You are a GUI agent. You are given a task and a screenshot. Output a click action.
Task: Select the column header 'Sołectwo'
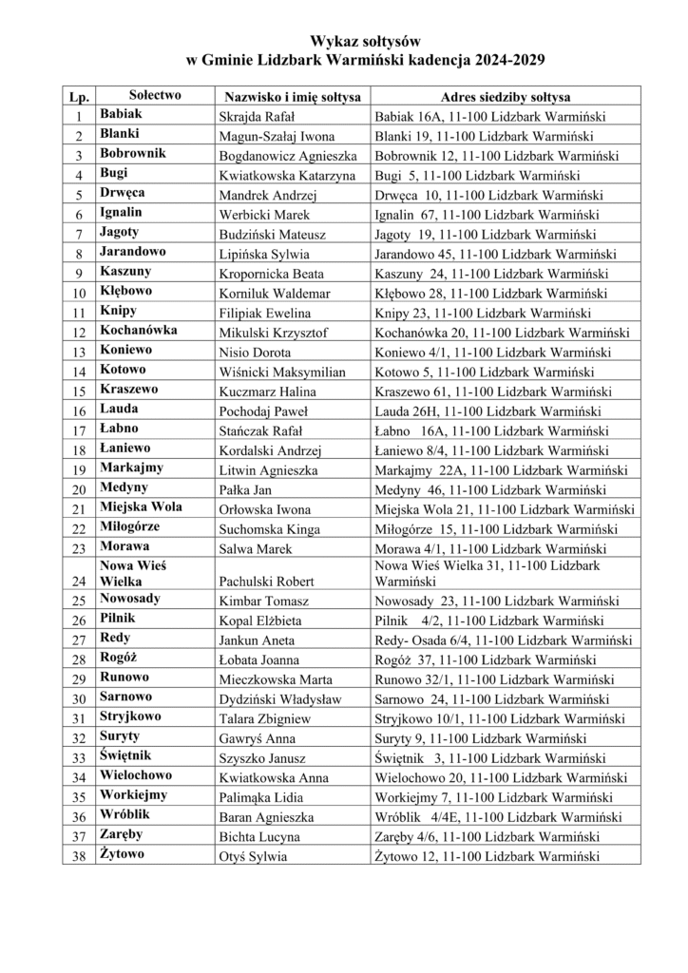click(155, 96)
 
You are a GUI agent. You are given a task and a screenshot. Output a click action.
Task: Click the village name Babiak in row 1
click(121, 115)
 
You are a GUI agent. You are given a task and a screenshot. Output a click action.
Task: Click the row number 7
click(78, 235)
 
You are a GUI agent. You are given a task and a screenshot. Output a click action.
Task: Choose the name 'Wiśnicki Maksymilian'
click(282, 372)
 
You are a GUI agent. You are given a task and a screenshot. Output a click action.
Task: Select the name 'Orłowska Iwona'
click(266, 510)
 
